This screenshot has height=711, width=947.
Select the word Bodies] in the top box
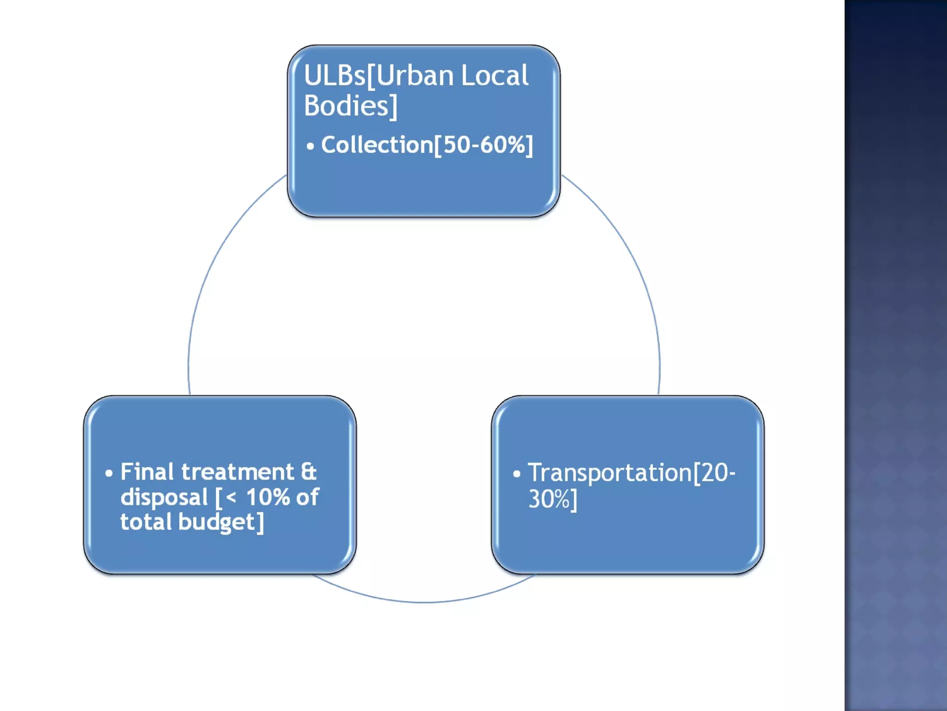[351, 106]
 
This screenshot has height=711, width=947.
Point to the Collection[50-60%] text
[427, 145]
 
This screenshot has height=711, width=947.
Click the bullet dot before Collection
[310, 147]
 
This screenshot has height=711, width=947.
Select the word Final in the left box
[147, 473]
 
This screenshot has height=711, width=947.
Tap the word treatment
[237, 473]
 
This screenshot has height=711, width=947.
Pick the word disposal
[164, 498]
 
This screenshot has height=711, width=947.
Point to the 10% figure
[268, 498]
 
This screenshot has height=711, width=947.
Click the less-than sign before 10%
[231, 498]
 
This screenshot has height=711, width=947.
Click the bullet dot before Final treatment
[109, 474]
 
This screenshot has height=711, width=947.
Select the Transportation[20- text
[631, 473]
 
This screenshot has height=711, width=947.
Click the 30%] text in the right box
[553, 499]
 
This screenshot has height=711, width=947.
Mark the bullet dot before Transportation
[517, 474]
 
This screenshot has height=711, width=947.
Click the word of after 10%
[307, 498]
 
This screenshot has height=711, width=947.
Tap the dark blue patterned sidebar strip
[896, 355]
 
